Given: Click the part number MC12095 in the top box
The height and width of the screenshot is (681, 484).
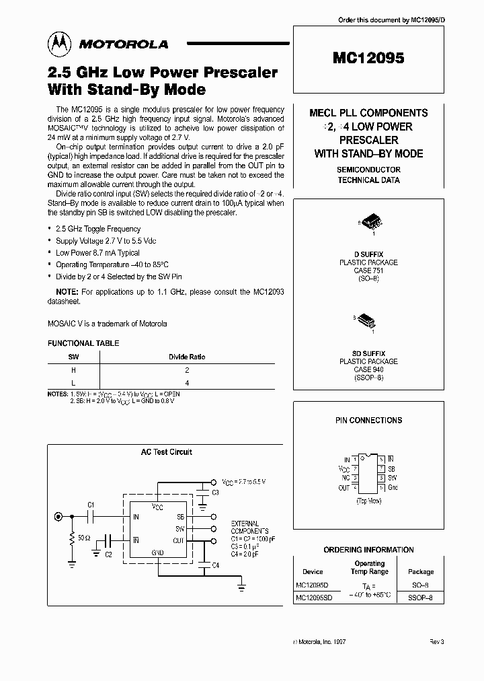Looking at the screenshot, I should (x=368, y=59).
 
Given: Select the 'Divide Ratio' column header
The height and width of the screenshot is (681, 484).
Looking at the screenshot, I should (x=186, y=357).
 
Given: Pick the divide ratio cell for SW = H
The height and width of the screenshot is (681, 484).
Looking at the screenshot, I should (x=187, y=369).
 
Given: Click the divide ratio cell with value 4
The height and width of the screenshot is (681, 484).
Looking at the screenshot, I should (x=187, y=382).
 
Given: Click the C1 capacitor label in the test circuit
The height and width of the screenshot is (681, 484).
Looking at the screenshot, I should (x=91, y=504).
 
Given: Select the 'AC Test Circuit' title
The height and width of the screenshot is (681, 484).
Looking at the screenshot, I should (x=166, y=452).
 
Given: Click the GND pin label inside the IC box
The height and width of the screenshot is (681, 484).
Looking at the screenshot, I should (x=157, y=552).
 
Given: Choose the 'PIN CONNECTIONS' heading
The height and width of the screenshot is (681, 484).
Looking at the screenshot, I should (x=368, y=420).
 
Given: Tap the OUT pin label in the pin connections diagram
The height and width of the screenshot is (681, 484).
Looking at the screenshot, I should (x=344, y=487).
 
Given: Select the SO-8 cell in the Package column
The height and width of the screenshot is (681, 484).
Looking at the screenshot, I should (x=421, y=584).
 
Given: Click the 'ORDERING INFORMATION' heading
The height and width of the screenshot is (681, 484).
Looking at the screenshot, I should (x=368, y=550).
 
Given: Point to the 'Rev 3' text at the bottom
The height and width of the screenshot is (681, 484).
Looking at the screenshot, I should (x=437, y=642).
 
